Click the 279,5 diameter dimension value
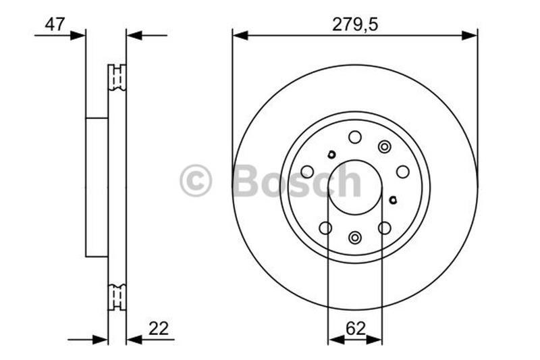point(354,24)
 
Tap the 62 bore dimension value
point(355,330)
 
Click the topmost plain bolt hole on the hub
point(355,137)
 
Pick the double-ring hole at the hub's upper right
point(385,147)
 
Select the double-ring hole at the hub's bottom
point(355,237)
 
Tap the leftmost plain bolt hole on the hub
point(307,172)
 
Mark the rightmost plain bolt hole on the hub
point(403,172)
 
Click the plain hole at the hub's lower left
point(325,228)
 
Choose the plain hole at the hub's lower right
point(385,228)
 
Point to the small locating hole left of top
point(331,154)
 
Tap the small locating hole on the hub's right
point(394,199)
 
